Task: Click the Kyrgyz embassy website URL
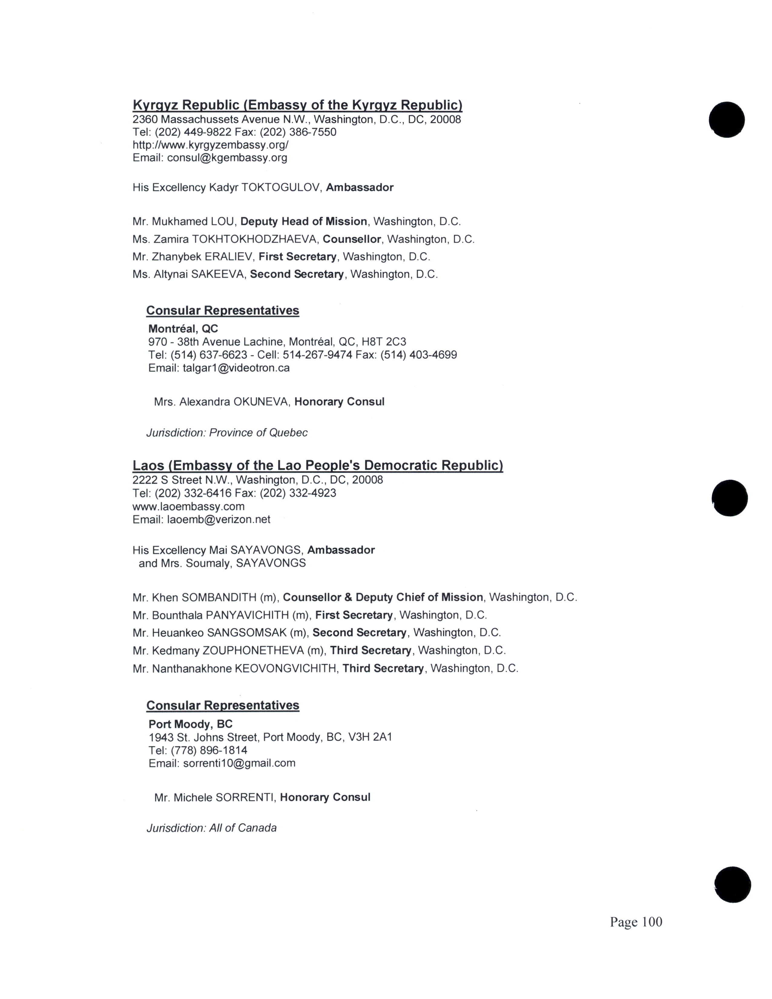(x=210, y=145)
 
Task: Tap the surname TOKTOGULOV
(x=281, y=188)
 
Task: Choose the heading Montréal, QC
(x=183, y=328)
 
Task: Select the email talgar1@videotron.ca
(x=236, y=368)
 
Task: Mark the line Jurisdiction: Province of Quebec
(x=227, y=433)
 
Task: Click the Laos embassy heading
(x=317, y=466)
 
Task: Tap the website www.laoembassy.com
(x=188, y=506)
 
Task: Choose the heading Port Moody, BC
(x=190, y=724)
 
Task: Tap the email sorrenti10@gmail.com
(x=239, y=763)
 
